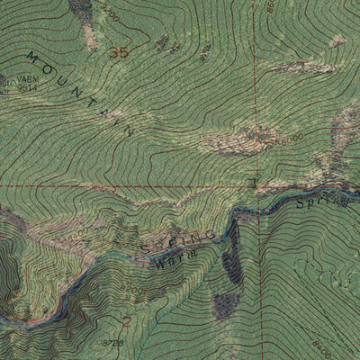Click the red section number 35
[x=118, y=52]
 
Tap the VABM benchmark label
[x=21, y=79]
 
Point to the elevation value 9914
[x=27, y=87]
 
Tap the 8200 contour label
[x=131, y=291]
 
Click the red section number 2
[x=127, y=320]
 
